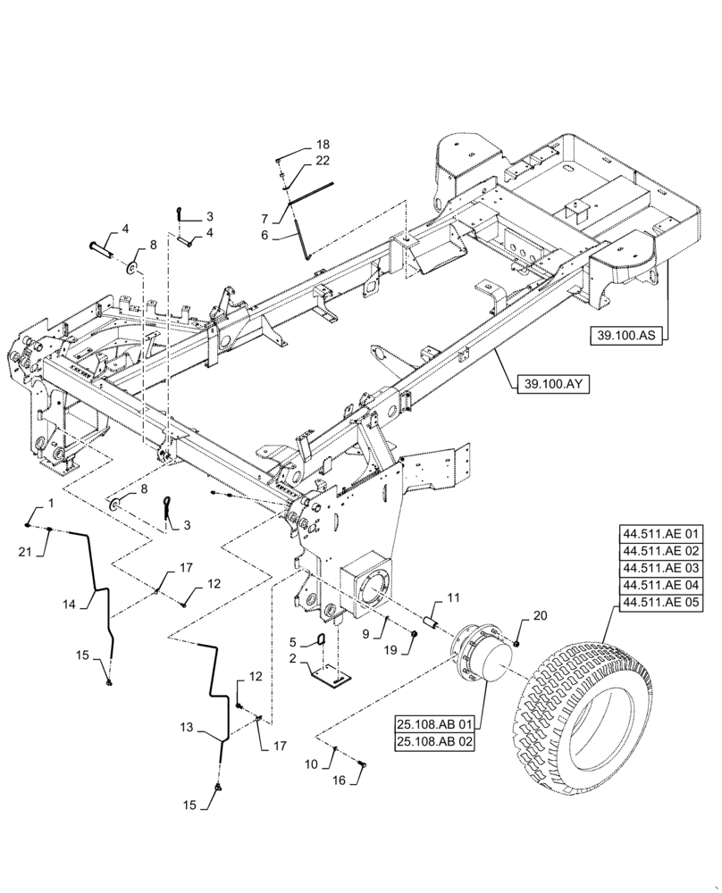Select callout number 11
(x=453, y=596)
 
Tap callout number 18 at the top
(x=322, y=144)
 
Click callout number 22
(x=322, y=161)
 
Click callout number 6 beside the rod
(x=264, y=236)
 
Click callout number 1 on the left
(x=50, y=505)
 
